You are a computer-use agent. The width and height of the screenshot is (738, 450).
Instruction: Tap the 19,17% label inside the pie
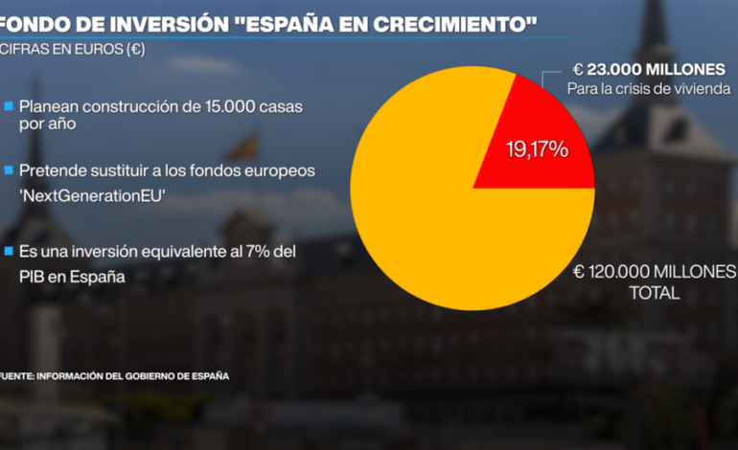click(x=537, y=149)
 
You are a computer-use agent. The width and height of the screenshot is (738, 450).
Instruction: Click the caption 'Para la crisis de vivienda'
click(x=649, y=89)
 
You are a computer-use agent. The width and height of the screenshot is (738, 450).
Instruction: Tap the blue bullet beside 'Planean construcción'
click(x=9, y=106)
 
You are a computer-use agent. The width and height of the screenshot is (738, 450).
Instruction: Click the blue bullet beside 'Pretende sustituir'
click(x=9, y=169)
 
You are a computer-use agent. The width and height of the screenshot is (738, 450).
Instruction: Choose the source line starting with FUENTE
click(x=114, y=376)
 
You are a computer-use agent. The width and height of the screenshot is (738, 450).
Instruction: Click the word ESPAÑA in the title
click(x=289, y=20)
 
